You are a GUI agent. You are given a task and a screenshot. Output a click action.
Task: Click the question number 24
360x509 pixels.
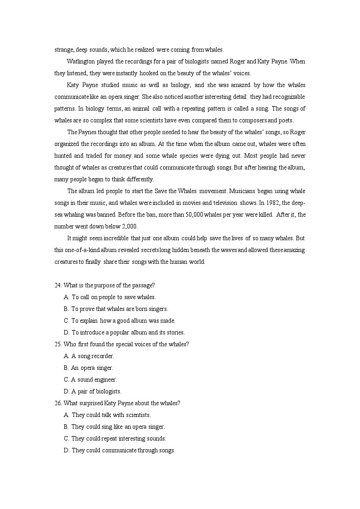click(x=58, y=285)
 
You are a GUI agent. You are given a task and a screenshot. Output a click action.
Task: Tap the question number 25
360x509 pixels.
click(x=58, y=344)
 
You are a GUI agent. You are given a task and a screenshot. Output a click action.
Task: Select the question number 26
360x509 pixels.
click(x=58, y=403)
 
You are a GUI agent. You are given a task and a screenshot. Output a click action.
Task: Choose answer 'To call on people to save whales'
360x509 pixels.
click(x=113, y=297)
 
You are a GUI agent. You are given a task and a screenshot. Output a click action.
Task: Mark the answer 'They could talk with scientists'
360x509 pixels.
click(x=111, y=415)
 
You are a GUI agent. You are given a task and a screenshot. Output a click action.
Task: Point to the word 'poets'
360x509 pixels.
click(x=286, y=120)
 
